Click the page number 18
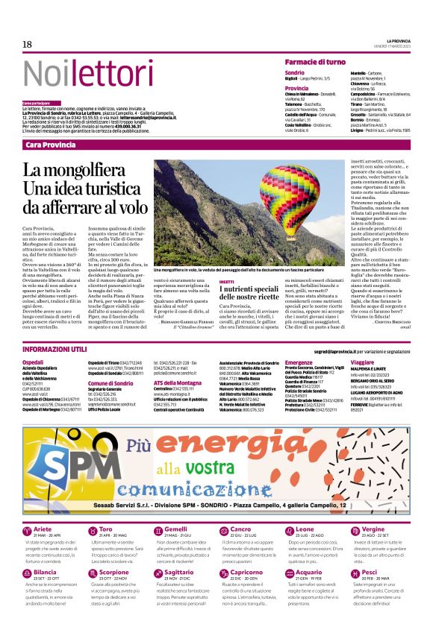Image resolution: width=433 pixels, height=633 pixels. [x=27, y=44]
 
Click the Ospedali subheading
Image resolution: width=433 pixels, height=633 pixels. [x=34, y=362]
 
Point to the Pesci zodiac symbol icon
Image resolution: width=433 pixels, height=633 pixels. [x=352, y=573]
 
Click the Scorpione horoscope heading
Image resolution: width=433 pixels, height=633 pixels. [x=113, y=573]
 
